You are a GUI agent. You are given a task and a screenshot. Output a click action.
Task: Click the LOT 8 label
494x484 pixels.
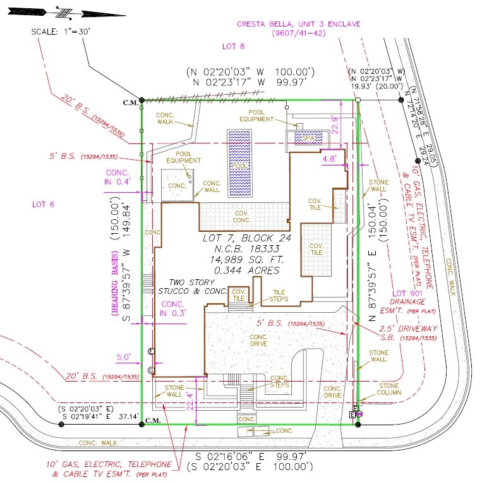point(233,46)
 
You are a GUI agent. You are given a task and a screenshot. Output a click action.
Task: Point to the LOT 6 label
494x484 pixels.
point(44,204)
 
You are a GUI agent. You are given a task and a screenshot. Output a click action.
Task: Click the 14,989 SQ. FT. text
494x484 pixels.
point(242,260)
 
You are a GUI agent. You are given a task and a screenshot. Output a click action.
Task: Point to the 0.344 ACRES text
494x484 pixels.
point(242,270)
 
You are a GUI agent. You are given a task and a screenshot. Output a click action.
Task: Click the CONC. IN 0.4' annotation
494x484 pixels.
point(117,176)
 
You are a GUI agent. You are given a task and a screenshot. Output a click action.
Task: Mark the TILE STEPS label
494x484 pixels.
point(279,296)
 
